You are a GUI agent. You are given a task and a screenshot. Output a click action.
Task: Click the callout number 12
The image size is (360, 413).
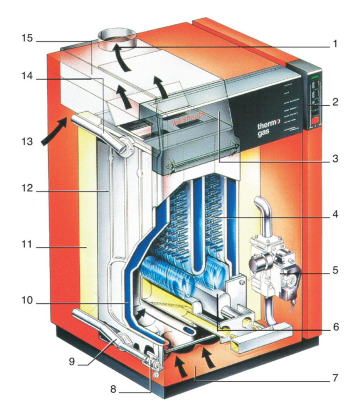27,190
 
